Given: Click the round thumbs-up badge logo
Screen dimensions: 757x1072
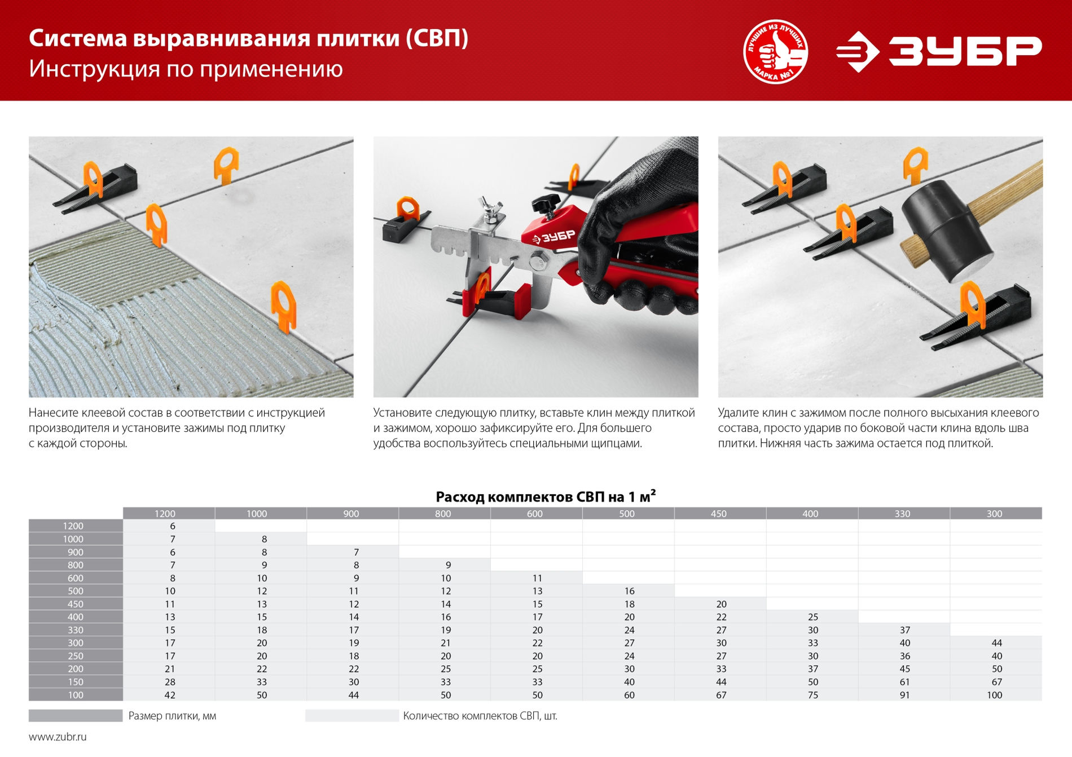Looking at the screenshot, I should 775,51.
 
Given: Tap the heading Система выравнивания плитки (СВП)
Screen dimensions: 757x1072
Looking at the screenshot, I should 248,38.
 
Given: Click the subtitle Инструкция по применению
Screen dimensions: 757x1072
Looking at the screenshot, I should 186,69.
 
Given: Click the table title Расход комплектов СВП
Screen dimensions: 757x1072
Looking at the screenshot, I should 545,497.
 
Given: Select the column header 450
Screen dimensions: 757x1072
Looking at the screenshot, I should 718,513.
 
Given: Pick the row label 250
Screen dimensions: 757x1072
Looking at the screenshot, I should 75,656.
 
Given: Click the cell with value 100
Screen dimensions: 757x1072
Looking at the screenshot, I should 994,695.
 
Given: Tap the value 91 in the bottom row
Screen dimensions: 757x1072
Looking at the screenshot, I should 904,695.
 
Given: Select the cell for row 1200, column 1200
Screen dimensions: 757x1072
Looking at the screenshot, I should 172,526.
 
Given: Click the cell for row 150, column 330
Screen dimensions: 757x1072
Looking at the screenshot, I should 904,682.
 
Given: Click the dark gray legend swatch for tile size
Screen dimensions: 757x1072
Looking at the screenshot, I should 75,716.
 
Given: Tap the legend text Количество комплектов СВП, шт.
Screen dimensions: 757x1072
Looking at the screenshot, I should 480,716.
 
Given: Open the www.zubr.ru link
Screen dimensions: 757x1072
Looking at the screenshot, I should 58,737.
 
